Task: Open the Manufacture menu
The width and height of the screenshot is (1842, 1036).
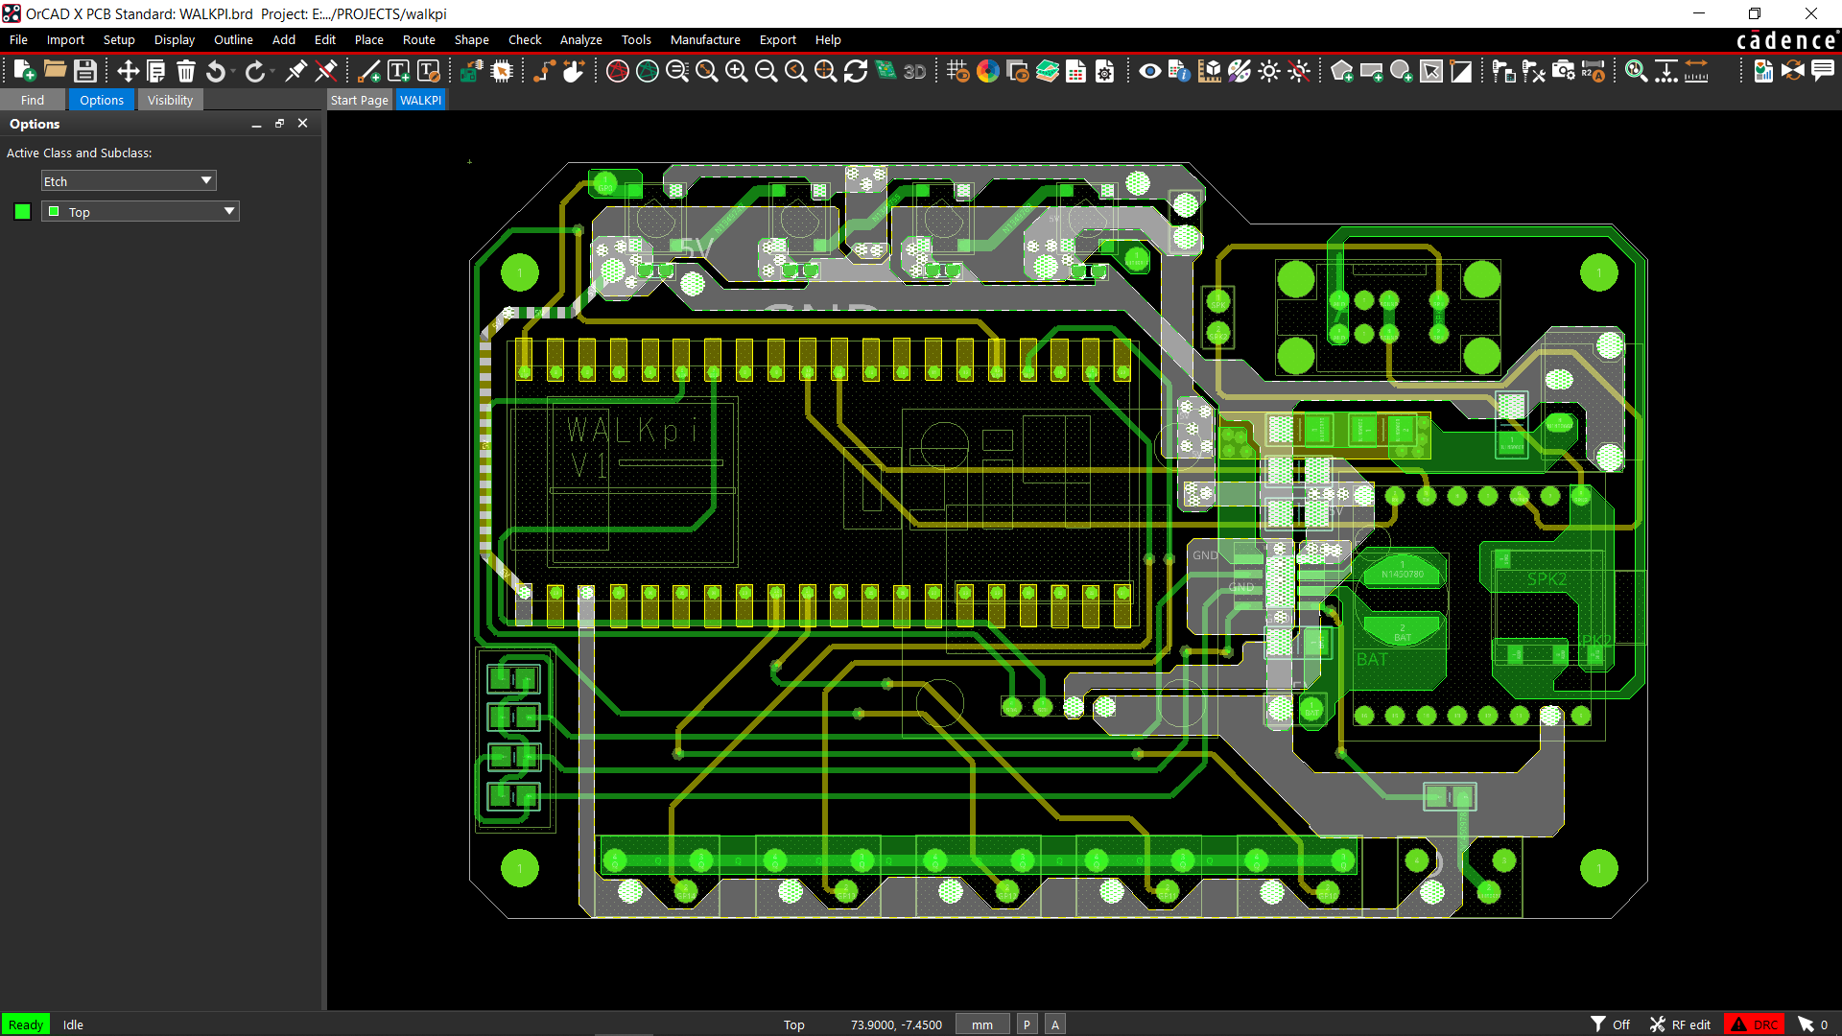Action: (704, 39)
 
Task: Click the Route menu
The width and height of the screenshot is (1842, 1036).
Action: (418, 39)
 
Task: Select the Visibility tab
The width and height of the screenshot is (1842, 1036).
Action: (170, 100)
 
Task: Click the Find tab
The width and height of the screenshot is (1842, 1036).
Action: (32, 100)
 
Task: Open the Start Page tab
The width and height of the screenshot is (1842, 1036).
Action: (359, 100)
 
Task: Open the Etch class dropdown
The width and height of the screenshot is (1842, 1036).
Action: (129, 181)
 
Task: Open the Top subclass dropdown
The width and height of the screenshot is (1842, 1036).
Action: (140, 212)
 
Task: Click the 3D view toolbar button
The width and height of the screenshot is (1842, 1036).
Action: (914, 71)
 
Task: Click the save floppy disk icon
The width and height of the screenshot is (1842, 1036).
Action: (85, 71)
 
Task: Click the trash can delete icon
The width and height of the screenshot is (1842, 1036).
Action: (186, 71)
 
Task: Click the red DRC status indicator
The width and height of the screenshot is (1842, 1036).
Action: (1754, 1024)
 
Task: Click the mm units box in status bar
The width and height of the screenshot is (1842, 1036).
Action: (981, 1024)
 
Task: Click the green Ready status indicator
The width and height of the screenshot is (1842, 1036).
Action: (26, 1024)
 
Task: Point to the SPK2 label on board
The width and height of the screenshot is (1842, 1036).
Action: (1547, 579)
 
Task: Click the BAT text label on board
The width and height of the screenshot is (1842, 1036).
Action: (1372, 660)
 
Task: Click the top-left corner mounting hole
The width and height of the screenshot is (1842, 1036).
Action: (520, 272)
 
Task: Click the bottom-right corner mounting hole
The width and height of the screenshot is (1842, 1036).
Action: (1598, 868)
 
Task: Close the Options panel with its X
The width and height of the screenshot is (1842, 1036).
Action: (302, 124)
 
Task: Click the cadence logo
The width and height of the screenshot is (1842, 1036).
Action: (1786, 40)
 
